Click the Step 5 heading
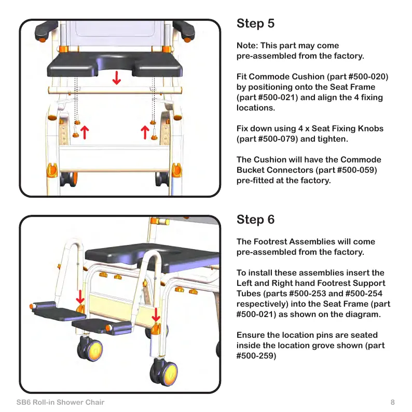pyautogui.click(x=255, y=24)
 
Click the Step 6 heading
pyautogui.click(x=255, y=219)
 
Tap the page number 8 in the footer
pyautogui.click(x=393, y=402)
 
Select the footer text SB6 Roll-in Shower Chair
pyautogui.click(x=60, y=402)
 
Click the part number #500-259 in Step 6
pyautogui.click(x=256, y=356)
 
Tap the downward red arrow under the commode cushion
pyautogui.click(x=117, y=78)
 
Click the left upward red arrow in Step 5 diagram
pyautogui.click(x=83, y=133)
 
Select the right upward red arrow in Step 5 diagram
pyautogui.click(x=145, y=133)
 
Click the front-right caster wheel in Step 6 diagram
pyautogui.click(x=162, y=373)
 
